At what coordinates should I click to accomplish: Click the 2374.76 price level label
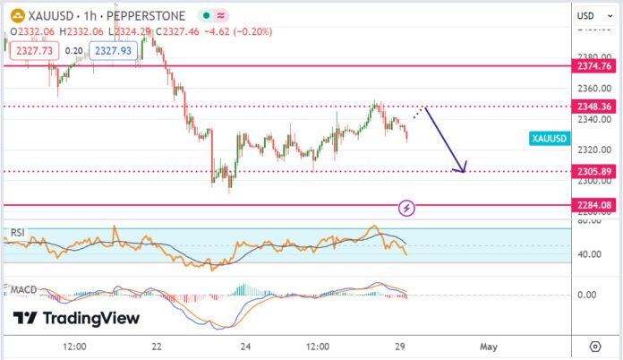click(594, 65)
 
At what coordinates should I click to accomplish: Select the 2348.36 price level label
click(594, 106)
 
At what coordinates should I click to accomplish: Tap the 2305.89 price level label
click(594, 171)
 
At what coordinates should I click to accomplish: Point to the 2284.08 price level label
click(594, 205)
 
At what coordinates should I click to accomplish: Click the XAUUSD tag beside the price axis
click(549, 139)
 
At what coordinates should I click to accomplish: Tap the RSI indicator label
click(17, 233)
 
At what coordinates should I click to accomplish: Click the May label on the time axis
click(487, 346)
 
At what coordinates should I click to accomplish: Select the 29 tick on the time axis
click(402, 346)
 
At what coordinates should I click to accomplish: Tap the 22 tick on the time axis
click(158, 346)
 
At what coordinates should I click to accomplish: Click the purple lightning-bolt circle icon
click(407, 208)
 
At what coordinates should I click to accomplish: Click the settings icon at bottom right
click(595, 346)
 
